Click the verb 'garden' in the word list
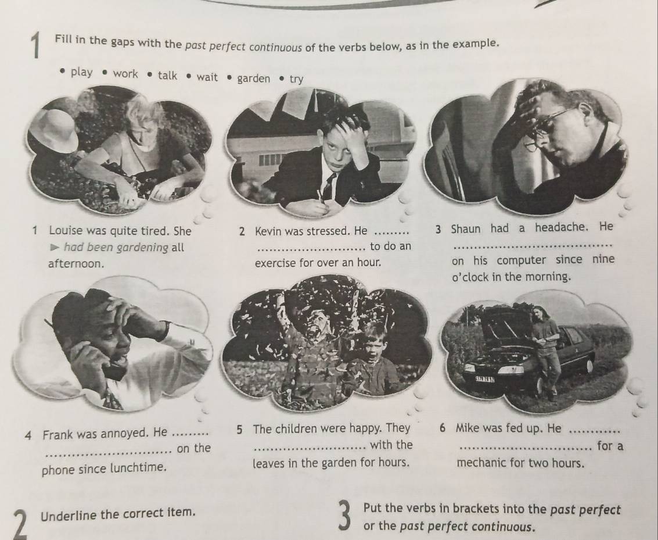coord(253,78)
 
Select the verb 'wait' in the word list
coord(207,77)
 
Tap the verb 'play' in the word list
coord(82,72)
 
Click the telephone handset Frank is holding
coord(110,364)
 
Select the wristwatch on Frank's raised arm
coord(165,330)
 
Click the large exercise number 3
coord(344,517)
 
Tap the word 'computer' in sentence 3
coord(522,260)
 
